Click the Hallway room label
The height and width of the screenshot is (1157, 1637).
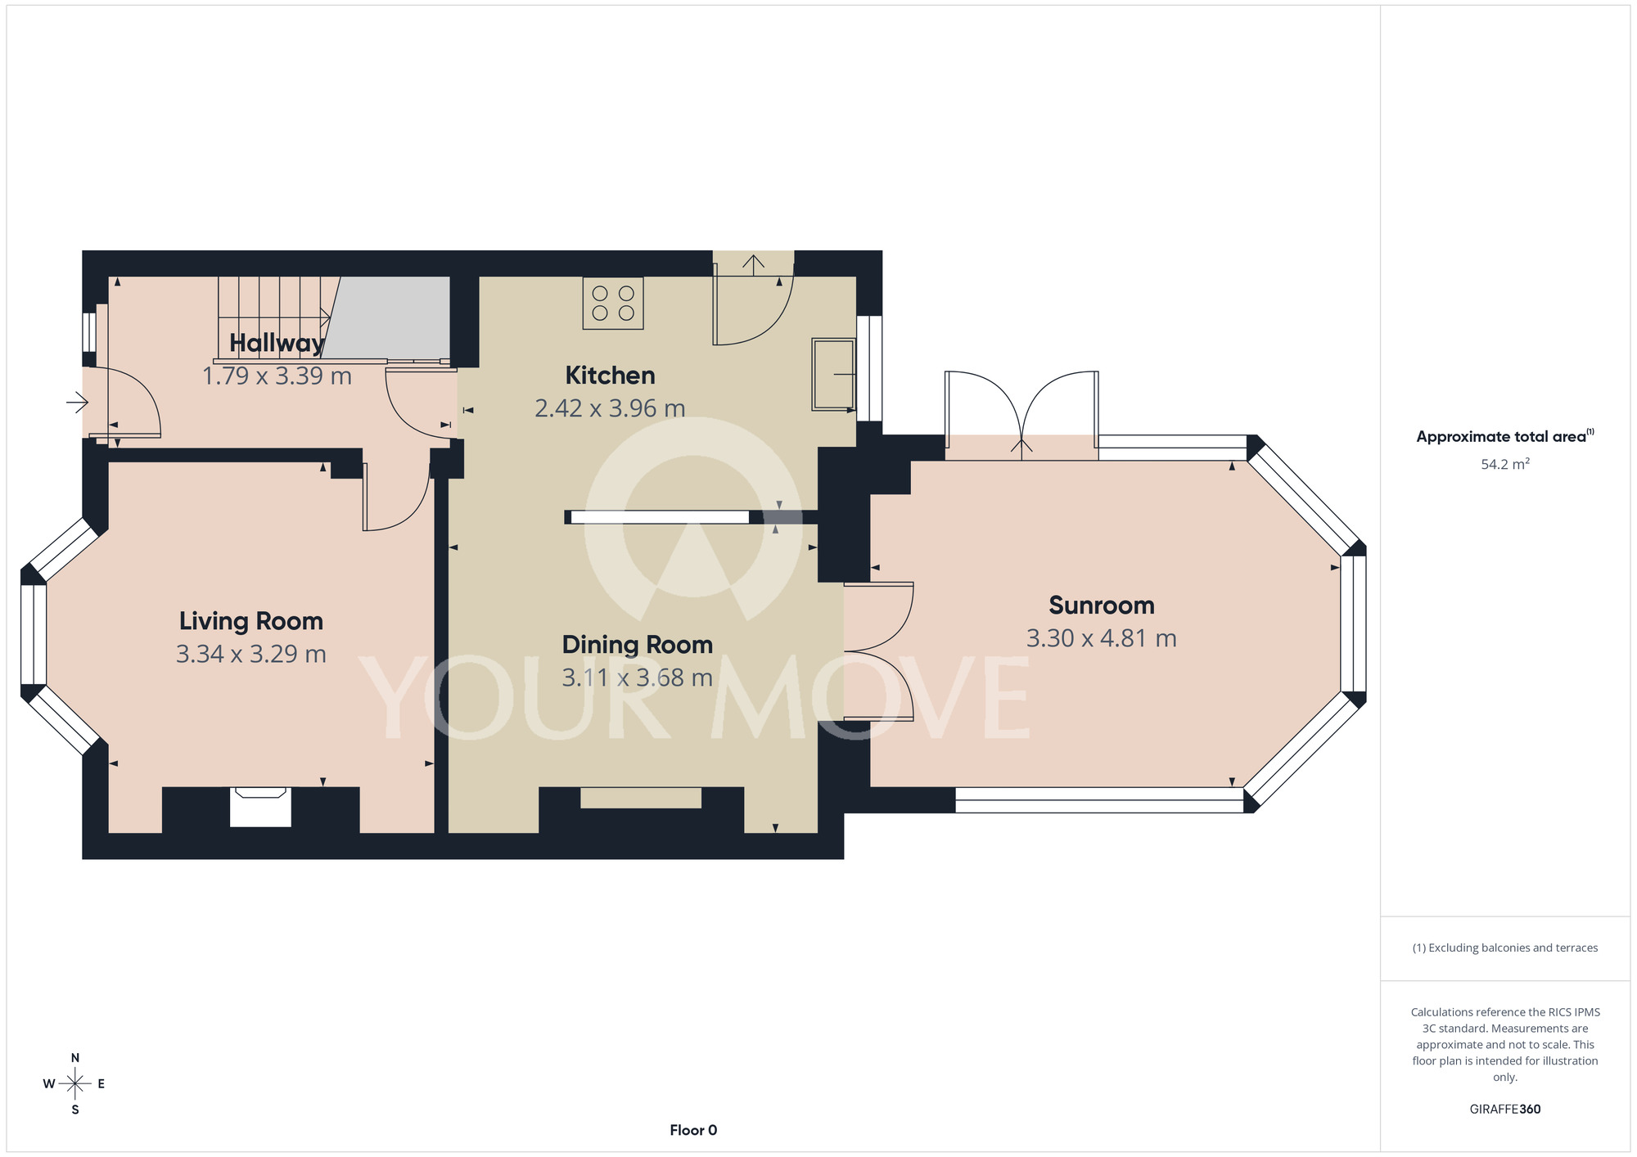[x=277, y=343]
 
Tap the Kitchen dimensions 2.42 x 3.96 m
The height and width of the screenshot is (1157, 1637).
[x=610, y=408]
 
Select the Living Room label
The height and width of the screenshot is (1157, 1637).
[x=251, y=621]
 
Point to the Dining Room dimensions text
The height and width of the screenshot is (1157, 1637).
[x=637, y=678]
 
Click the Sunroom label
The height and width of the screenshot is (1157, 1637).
[x=1102, y=606]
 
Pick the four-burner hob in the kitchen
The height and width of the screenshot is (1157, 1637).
[x=613, y=304]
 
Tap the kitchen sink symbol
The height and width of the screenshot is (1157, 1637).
[x=833, y=374]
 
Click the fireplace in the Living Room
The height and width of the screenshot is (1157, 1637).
[x=260, y=807]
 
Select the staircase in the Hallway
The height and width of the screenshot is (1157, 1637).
[x=278, y=319]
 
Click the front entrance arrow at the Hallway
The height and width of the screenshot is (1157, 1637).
[x=77, y=402]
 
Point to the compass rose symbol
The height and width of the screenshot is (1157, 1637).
[x=75, y=1083]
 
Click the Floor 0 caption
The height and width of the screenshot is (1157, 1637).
[x=693, y=1130]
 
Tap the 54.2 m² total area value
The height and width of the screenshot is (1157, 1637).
[x=1505, y=464]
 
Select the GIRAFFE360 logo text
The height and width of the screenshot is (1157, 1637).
[x=1505, y=1110]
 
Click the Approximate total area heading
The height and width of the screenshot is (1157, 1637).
[x=1505, y=436]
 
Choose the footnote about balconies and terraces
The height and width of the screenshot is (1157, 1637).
[x=1505, y=948]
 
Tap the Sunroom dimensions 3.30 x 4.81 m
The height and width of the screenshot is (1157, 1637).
[x=1102, y=638]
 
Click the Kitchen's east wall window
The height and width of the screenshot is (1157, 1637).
[x=869, y=368]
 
